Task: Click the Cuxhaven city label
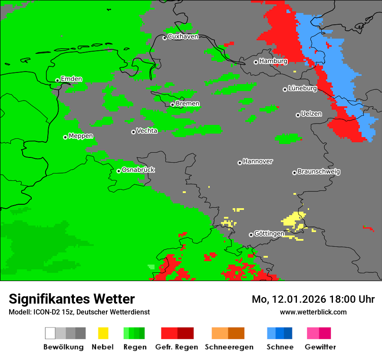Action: point(183,36)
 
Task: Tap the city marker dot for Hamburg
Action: point(256,62)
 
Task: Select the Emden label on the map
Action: point(71,79)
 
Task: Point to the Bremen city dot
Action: point(172,105)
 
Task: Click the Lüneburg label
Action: point(303,88)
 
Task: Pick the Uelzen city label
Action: point(311,114)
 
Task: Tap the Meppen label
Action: point(81,136)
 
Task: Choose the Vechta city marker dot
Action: point(133,132)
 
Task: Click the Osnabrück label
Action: point(138,170)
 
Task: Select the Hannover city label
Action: point(258,161)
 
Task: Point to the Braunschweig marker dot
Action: point(294,173)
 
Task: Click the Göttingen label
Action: point(269,234)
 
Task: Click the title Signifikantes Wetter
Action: point(72,299)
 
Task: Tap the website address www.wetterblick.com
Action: point(313,312)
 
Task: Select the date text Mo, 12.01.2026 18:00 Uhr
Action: point(313,299)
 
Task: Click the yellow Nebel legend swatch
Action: point(103,333)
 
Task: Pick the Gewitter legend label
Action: point(320,347)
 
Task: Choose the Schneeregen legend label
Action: point(229,347)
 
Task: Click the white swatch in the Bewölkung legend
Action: point(50,333)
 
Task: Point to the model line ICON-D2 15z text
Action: point(79,312)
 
